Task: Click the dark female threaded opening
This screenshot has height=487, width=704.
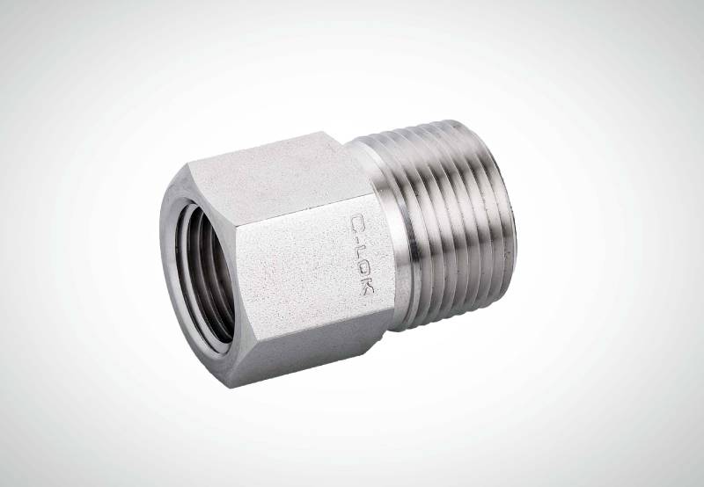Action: coord(205,274)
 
